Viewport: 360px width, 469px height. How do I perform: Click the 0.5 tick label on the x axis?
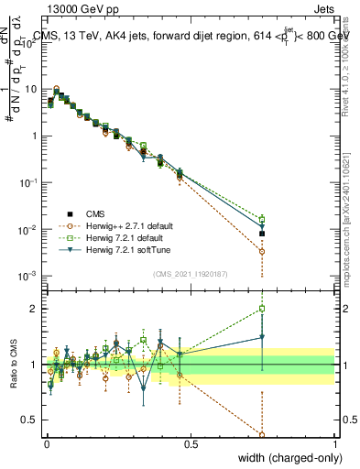[x=191, y=444]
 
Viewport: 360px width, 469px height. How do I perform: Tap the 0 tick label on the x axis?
[x=47, y=444]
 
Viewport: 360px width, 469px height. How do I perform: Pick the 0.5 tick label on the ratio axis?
[x=30, y=421]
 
